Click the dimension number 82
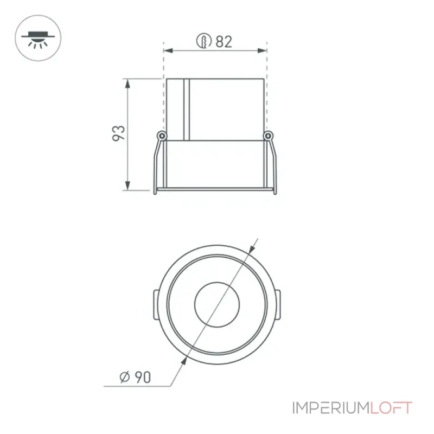click(224, 42)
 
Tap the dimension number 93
click(119, 133)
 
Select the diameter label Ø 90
click(135, 377)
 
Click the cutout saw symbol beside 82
click(204, 41)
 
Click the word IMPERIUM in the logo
click(331, 408)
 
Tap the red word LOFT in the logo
click(391, 408)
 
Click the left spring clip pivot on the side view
click(162, 136)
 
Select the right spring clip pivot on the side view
click(268, 136)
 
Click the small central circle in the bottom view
click(217, 304)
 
